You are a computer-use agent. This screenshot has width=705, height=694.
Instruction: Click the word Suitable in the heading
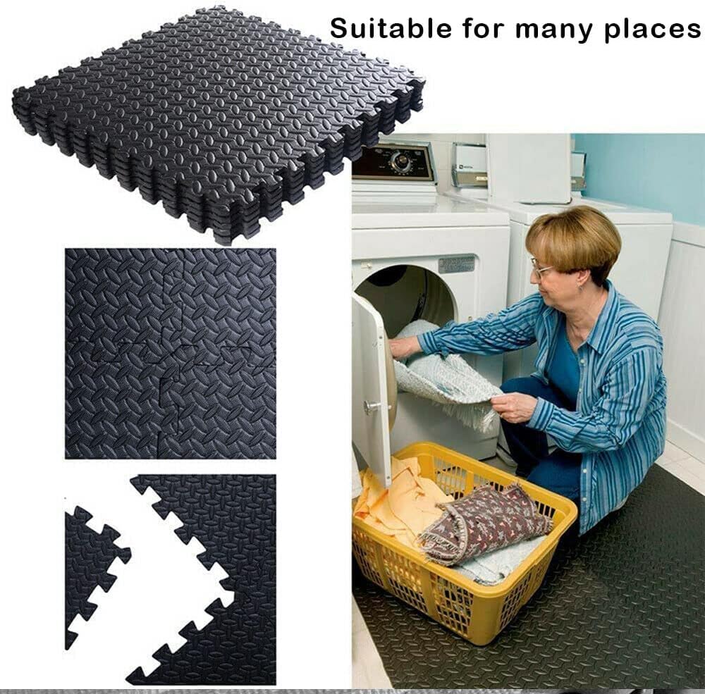tap(378, 29)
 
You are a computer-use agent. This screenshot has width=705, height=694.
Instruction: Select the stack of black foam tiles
tap(219, 120)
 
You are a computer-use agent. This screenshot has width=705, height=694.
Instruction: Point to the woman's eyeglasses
tap(541, 269)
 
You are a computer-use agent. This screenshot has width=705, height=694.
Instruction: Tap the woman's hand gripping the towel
tap(513, 407)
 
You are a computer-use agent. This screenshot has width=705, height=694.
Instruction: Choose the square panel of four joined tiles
tap(170, 353)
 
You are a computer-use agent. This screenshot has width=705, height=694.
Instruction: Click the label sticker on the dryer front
tap(456, 264)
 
